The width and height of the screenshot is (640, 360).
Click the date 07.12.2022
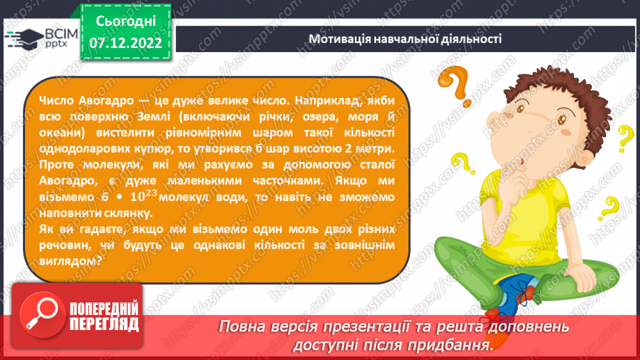125,43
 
